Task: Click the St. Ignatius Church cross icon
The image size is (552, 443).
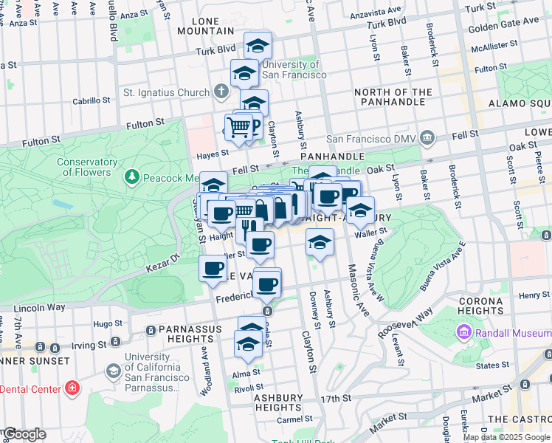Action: pos(221,92)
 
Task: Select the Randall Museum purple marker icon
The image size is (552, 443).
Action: pos(465,332)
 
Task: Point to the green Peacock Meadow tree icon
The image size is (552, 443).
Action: pos(131,177)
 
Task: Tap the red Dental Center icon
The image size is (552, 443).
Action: pos(72,388)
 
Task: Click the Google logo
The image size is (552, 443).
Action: pos(24,434)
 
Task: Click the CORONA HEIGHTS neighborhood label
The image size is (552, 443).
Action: pos(480,306)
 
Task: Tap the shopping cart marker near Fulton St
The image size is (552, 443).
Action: pos(238,128)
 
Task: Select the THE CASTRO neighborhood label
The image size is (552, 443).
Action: pos(519,419)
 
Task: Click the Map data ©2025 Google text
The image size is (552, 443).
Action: pos(506,436)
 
